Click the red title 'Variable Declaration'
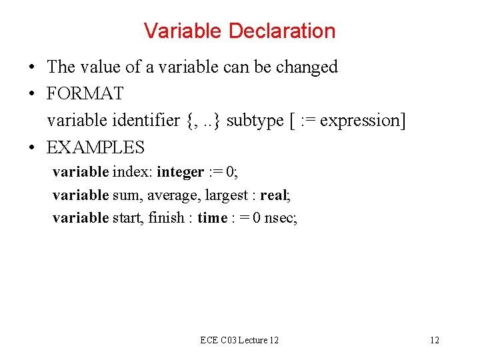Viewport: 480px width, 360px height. (x=239, y=31)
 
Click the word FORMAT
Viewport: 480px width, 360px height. (x=85, y=93)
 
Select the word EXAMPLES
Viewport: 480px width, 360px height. (x=95, y=147)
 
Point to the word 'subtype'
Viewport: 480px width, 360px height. (x=254, y=121)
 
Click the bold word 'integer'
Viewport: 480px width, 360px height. (x=180, y=173)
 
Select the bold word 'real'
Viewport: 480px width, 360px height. (x=273, y=195)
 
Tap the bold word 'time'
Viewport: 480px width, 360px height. (x=212, y=218)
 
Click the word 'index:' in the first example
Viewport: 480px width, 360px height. (x=132, y=173)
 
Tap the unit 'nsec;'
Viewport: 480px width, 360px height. (x=281, y=218)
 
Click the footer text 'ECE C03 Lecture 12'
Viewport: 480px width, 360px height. (x=239, y=341)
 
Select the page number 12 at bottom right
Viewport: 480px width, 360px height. (x=434, y=341)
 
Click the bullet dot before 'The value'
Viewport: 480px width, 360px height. (x=31, y=67)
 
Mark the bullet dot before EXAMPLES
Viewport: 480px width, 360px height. (x=31, y=147)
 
